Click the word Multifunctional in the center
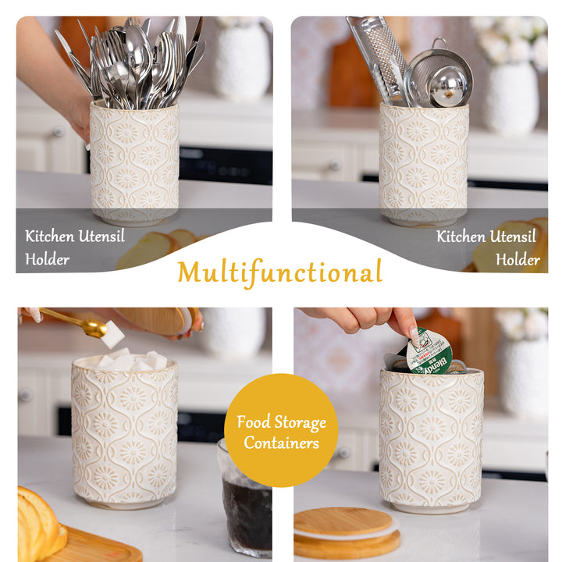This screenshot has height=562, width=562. point(280,272)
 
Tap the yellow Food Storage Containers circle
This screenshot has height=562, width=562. point(281,430)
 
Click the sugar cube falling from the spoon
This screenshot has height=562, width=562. point(112,334)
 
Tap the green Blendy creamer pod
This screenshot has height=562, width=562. point(429,352)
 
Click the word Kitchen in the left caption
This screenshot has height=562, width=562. point(49,237)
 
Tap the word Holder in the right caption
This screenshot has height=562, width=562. point(518,259)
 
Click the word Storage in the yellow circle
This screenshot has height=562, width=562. point(300,422)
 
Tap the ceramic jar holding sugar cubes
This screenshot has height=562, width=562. point(124,430)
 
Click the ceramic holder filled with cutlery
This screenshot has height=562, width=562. point(134,163)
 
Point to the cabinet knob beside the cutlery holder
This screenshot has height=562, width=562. point(59,132)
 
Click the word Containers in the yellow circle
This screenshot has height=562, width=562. point(281,443)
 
